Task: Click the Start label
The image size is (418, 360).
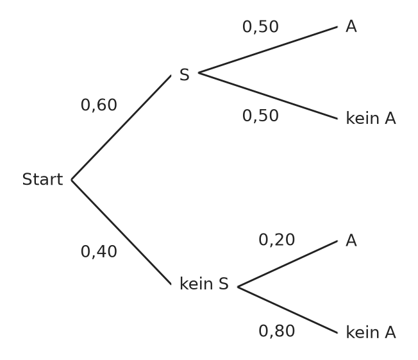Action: click(x=43, y=179)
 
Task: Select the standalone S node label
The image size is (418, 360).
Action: click(x=185, y=74)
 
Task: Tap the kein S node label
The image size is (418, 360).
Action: click(x=205, y=284)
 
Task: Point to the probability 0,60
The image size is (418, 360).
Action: click(x=99, y=105)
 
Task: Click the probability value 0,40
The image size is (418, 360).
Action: click(x=99, y=252)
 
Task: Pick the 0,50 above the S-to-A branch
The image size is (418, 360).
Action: click(x=260, y=27)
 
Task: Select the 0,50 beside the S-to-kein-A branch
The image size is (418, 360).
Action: click(x=260, y=116)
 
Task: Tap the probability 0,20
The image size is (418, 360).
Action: click(x=277, y=239)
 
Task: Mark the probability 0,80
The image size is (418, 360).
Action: click(x=277, y=331)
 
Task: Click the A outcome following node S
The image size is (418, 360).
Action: click(x=351, y=27)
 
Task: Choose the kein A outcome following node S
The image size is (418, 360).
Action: click(x=371, y=118)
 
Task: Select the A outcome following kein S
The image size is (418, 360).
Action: click(x=351, y=241)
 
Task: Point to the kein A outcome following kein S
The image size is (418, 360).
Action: click(x=371, y=332)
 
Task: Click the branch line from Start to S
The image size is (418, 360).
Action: click(x=121, y=128)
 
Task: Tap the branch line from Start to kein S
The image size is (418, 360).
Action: click(x=121, y=232)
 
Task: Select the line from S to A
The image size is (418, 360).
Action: click(x=268, y=49)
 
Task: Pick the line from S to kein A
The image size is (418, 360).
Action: click(x=268, y=96)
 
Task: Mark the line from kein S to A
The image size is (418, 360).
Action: click(x=288, y=264)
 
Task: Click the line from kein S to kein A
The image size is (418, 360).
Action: click(x=288, y=310)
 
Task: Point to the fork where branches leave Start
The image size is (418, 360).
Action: click(x=72, y=180)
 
